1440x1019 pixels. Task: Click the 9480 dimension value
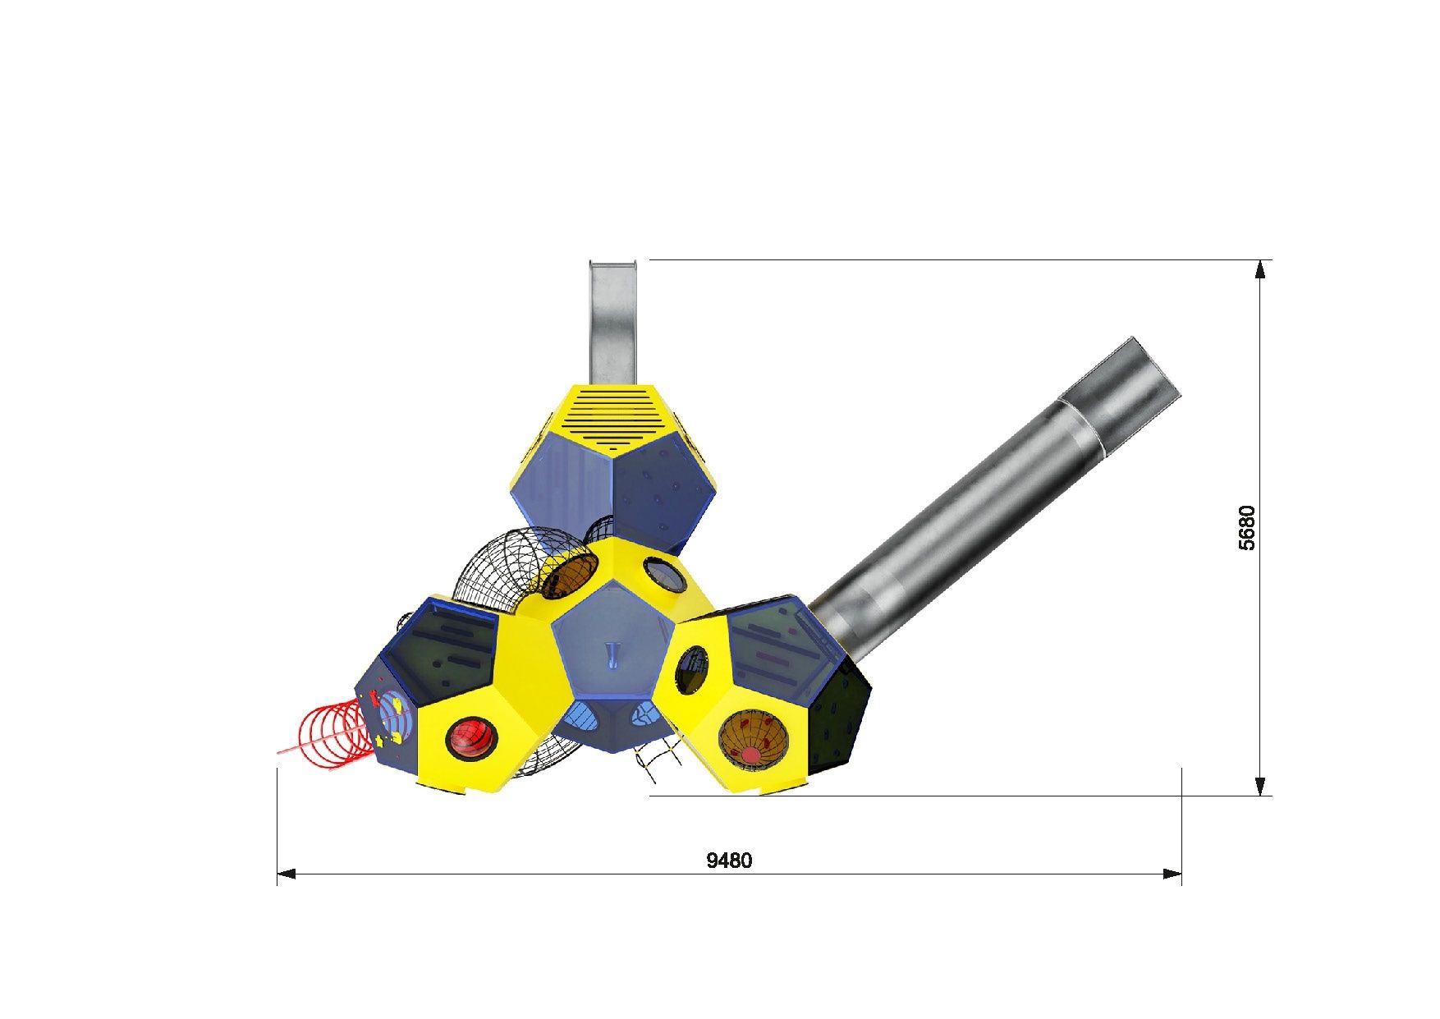click(x=729, y=860)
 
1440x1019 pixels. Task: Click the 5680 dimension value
click(x=1247, y=527)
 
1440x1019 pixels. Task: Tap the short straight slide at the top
click(x=614, y=322)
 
